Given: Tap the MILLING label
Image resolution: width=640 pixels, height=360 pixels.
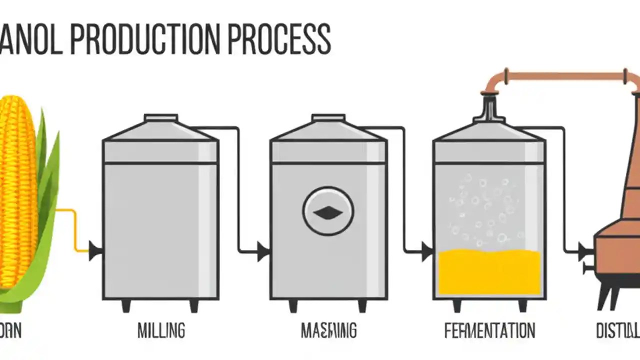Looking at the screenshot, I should [x=161, y=330].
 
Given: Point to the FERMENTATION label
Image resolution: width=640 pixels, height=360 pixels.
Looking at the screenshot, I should [x=489, y=330].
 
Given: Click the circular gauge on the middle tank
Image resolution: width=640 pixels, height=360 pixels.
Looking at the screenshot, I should [x=328, y=211].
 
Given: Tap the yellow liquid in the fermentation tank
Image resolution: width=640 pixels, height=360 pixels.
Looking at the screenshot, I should [x=489, y=272].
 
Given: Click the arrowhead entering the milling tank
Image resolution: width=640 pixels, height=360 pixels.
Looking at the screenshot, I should [x=95, y=250].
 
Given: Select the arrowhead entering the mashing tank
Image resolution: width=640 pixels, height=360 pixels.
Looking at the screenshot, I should [x=263, y=250].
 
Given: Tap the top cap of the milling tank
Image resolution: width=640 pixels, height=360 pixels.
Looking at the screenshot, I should [x=160, y=118].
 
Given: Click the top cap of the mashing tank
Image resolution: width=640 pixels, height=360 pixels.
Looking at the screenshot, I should [x=328, y=118].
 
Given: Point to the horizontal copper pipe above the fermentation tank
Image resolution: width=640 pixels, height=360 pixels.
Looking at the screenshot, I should [x=565, y=76].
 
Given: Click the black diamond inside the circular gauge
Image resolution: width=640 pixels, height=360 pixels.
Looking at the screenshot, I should [x=328, y=213].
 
